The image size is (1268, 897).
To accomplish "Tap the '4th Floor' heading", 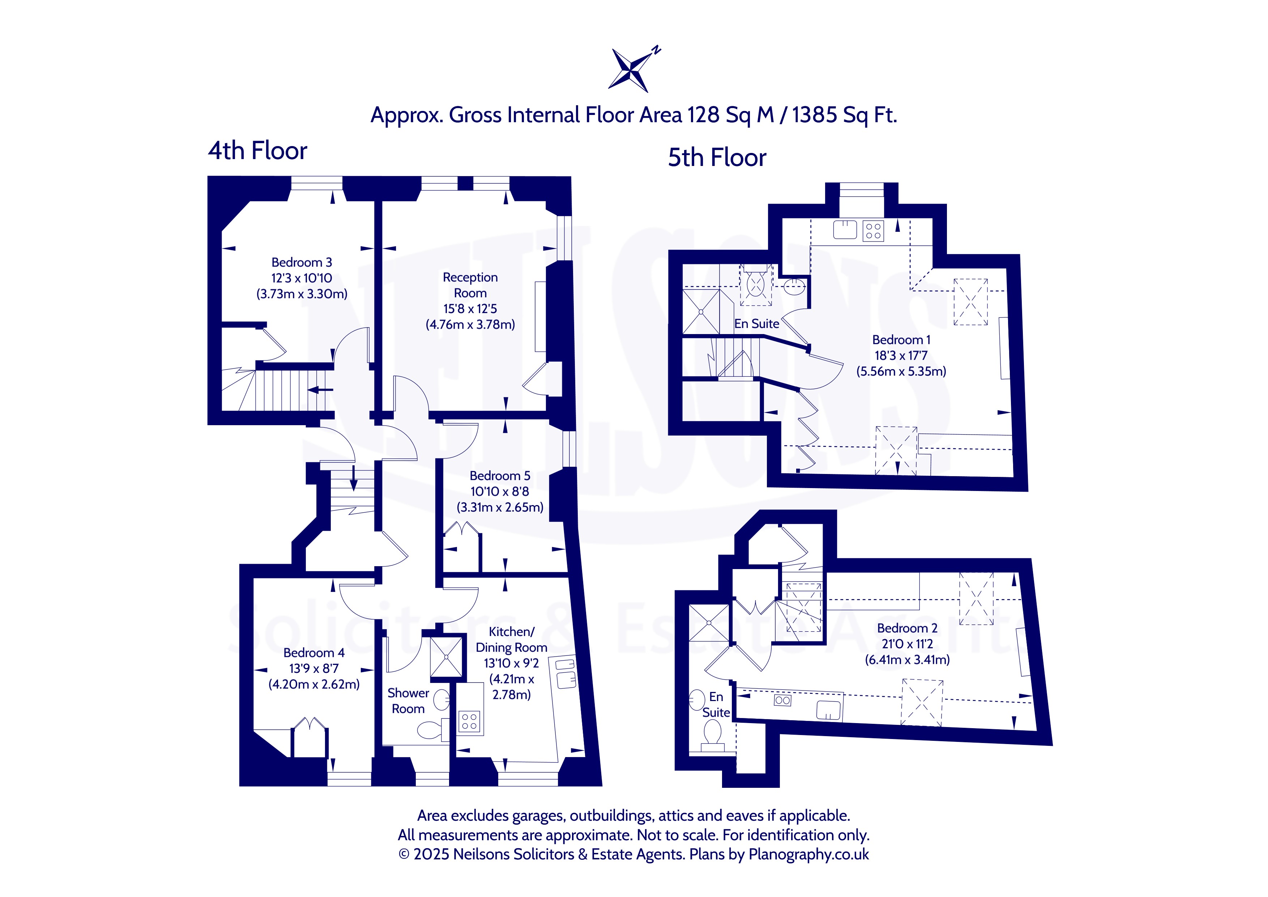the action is (257, 150).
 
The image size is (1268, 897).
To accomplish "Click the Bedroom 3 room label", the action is (302, 262).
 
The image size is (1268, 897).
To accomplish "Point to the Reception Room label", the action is (470, 285).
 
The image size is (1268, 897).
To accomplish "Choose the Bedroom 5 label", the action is (500, 475).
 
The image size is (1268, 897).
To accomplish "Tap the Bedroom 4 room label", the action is (314, 653).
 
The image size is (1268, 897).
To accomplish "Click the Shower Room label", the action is (408, 701).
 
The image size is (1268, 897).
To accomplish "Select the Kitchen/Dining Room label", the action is (511, 640).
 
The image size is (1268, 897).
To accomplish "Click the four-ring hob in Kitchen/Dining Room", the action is (469, 721).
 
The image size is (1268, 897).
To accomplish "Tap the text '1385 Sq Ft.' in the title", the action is (844, 115).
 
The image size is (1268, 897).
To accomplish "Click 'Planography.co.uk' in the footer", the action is (808, 854).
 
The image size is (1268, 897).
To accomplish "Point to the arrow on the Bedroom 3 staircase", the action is (320, 390).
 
